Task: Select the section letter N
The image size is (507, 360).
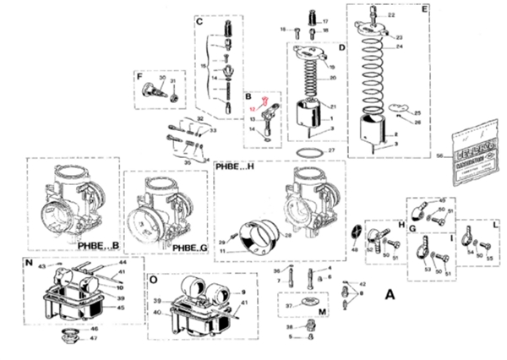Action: pyautogui.click(x=29, y=263)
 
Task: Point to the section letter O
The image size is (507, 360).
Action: pyautogui.click(x=152, y=278)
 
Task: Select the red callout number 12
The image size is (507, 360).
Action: pyautogui.click(x=253, y=110)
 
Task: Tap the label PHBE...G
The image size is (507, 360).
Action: pyautogui.click(x=191, y=247)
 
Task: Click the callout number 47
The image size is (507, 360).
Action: pyautogui.click(x=94, y=338)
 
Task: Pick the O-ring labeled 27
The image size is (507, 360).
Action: pyautogui.click(x=311, y=152)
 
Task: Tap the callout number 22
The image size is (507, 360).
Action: pyautogui.click(x=391, y=16)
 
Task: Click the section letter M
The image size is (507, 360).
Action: pyautogui.click(x=322, y=310)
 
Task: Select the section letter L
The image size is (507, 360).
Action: pyautogui.click(x=495, y=227)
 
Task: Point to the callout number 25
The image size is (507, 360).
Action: pyautogui.click(x=416, y=112)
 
